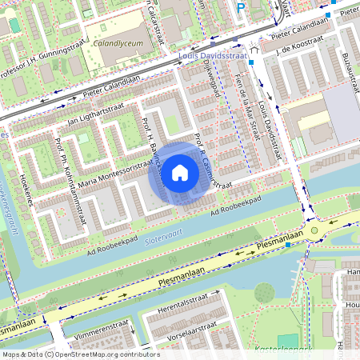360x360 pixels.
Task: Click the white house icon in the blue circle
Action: click(180, 173)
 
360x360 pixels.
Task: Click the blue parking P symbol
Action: click(241, 8)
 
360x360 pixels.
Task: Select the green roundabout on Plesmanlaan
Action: click(314, 230)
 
